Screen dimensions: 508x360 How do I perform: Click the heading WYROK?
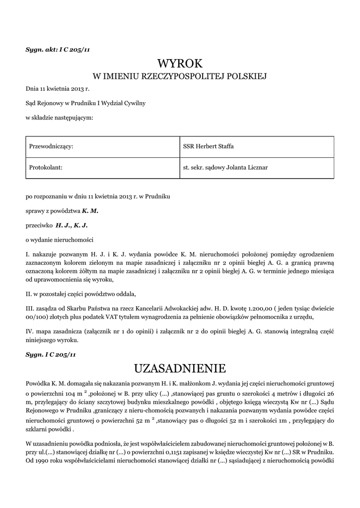click(x=180, y=63)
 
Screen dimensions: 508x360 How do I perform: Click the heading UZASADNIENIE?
click(x=180, y=368)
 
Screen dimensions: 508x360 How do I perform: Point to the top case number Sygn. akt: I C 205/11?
click(x=57, y=49)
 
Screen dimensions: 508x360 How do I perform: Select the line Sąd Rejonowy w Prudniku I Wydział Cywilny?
click(x=85, y=103)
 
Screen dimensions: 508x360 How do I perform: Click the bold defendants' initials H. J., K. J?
click(x=72, y=225)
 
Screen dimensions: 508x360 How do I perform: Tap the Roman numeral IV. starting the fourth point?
click(x=29, y=331)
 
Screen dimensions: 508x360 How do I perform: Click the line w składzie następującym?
click(x=60, y=118)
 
